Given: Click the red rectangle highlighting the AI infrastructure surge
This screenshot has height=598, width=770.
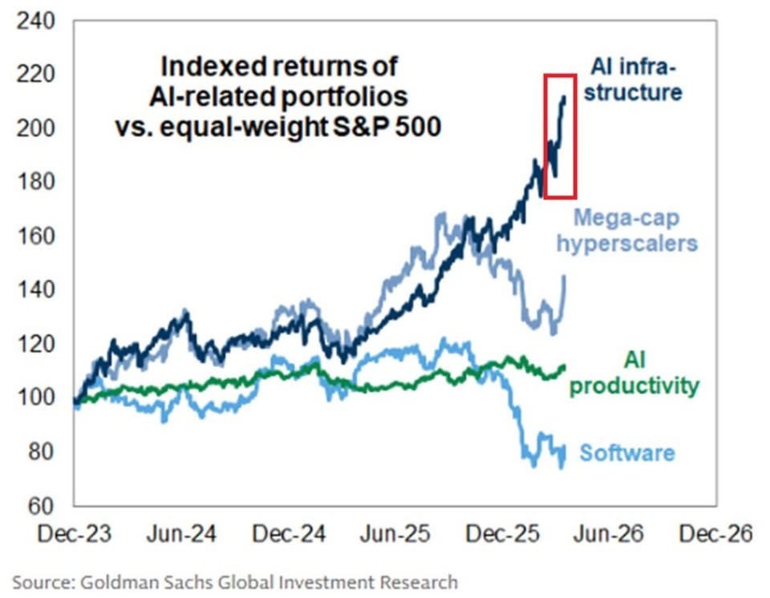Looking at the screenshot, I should click(560, 135).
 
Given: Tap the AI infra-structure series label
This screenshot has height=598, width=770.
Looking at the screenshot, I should click(636, 79).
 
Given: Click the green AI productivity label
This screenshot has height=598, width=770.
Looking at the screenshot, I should click(634, 374).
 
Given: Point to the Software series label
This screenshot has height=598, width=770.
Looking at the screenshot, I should click(627, 454).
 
